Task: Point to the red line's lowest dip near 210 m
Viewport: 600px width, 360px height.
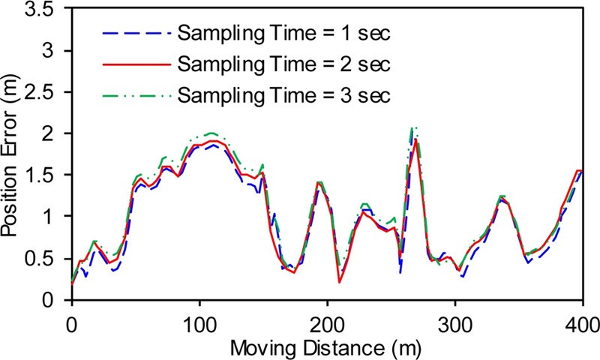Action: point(340,282)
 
